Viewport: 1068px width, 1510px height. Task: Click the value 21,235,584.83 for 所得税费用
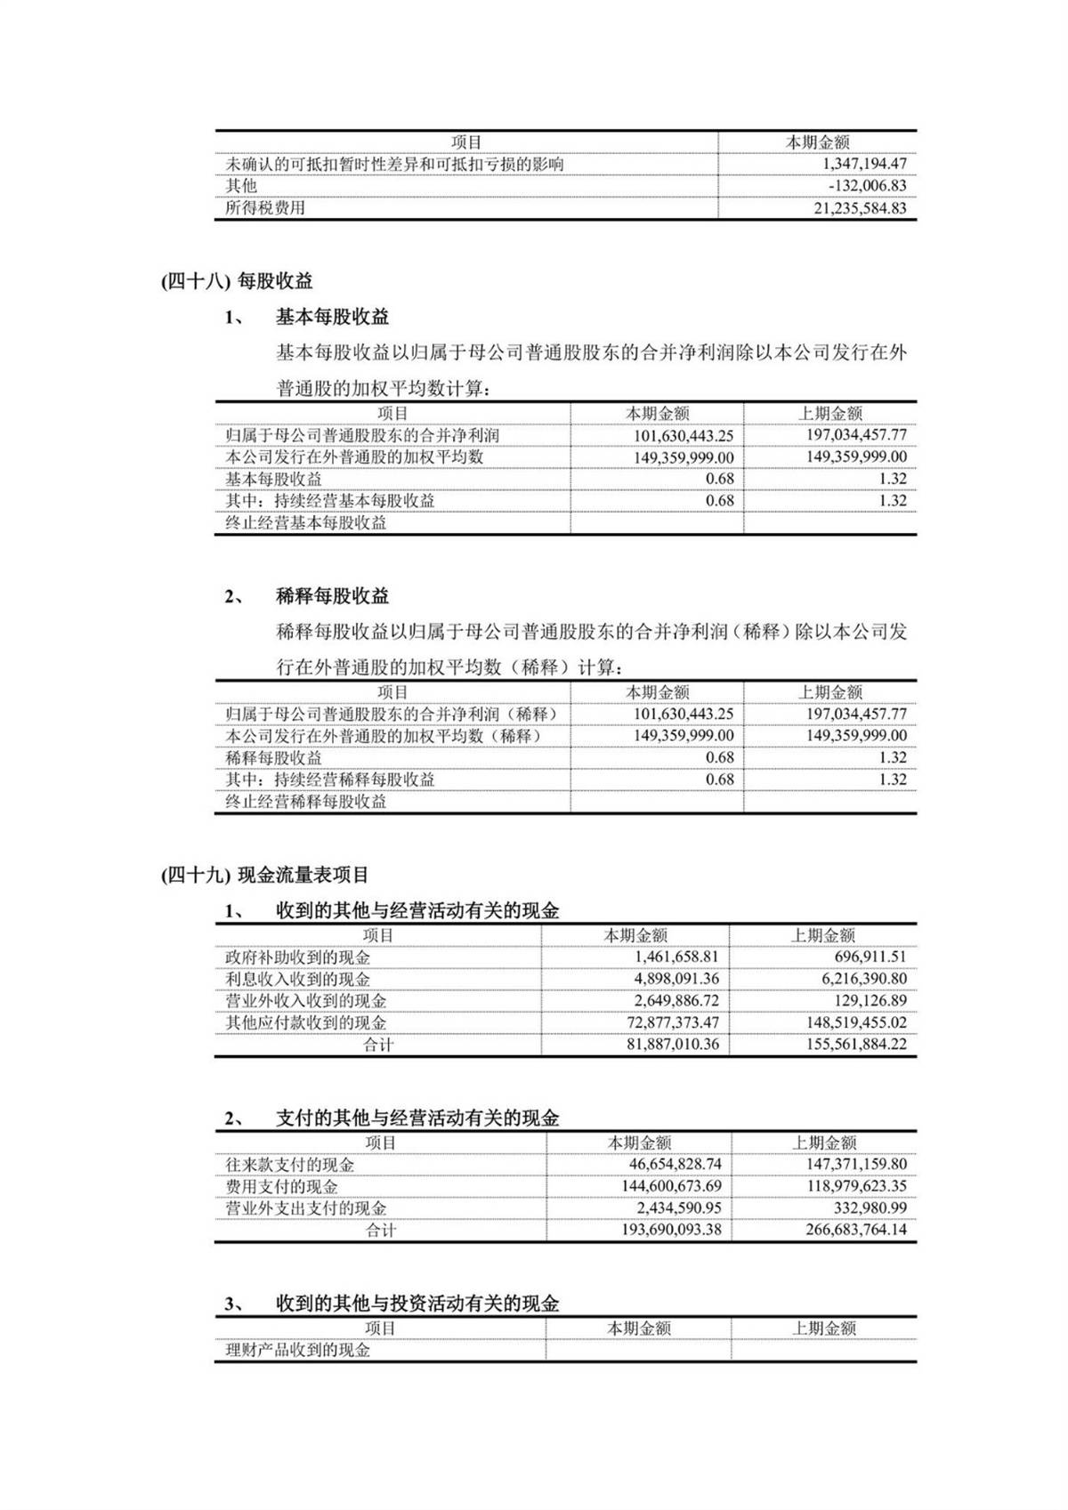click(860, 208)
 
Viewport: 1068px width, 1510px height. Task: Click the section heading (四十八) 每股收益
click(237, 281)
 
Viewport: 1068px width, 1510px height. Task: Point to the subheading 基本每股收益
click(332, 317)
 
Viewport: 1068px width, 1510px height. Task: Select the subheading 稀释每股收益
click(332, 596)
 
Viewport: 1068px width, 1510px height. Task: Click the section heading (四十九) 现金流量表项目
click(264, 876)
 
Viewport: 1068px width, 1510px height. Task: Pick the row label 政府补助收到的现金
click(298, 957)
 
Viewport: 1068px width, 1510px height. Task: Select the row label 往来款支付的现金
click(290, 1165)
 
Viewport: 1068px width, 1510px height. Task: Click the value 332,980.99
click(865, 1208)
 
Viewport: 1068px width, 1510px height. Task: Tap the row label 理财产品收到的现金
click(298, 1350)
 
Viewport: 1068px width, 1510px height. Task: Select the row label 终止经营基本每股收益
click(306, 523)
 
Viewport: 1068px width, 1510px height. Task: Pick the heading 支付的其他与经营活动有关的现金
click(417, 1118)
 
